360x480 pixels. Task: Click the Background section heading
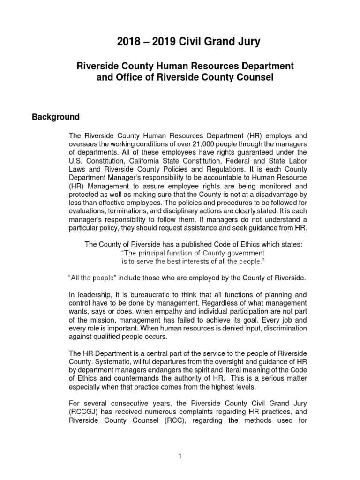click(x=56, y=117)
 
